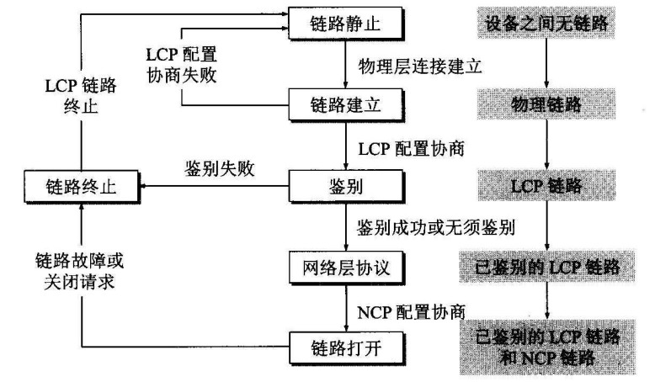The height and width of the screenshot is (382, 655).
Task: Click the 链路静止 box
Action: pos(347,23)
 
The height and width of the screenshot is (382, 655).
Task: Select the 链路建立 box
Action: pos(347,104)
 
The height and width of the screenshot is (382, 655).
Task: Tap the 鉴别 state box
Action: pos(347,183)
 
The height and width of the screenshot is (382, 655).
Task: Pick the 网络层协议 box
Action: pos(347,268)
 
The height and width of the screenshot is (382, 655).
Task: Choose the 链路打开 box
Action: pos(347,346)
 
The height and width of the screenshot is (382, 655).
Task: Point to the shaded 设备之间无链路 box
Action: pos(547,23)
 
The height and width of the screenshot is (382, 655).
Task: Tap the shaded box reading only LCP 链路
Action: pos(548,183)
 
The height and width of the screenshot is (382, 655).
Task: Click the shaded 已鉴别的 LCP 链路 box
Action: pos(547,268)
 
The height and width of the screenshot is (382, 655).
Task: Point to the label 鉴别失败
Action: pos(214,168)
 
